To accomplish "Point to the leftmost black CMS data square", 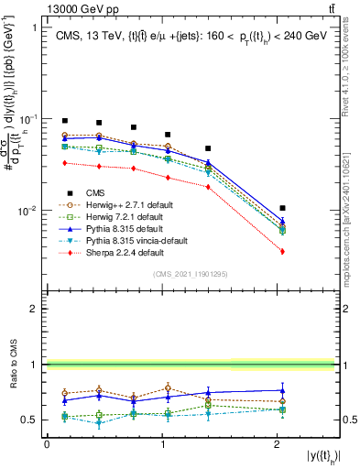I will click(64, 120).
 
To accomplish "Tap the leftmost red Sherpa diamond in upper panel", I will click(64, 163).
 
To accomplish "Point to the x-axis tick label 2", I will click(278, 444).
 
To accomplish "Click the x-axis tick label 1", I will click(163, 444).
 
